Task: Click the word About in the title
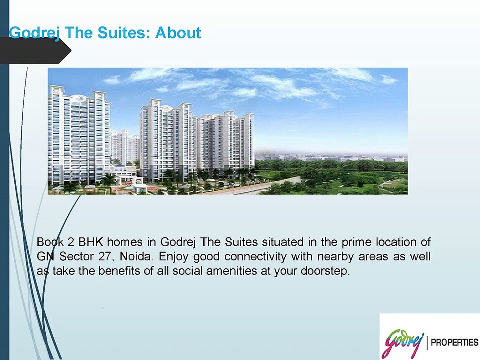tap(178, 33)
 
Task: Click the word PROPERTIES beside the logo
tap(454, 343)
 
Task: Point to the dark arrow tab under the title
tap(35, 51)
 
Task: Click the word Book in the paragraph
tap(50, 242)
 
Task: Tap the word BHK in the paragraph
tap(90, 242)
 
